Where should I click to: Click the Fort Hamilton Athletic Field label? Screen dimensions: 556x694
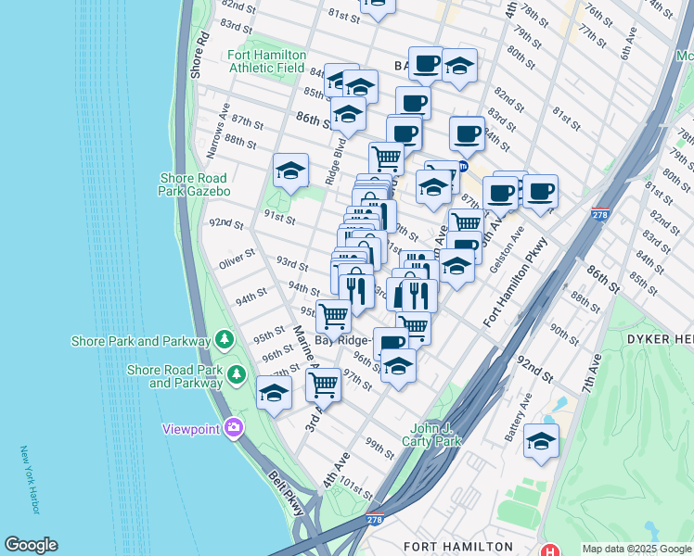point(267,61)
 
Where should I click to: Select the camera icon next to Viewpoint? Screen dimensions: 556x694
point(234,428)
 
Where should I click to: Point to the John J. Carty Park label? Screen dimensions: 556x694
point(437,435)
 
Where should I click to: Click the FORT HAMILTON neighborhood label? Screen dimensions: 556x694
point(457,547)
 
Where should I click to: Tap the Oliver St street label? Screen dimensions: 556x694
point(237,259)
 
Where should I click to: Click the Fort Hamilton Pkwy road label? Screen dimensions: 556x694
point(516,284)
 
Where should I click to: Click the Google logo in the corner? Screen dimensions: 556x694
point(31,545)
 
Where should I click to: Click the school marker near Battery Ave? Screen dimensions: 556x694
point(541,440)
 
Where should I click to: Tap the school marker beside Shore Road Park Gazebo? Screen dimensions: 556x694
point(290,171)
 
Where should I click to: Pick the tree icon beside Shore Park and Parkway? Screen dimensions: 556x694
point(224,341)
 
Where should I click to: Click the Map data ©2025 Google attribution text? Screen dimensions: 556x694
point(636,549)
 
